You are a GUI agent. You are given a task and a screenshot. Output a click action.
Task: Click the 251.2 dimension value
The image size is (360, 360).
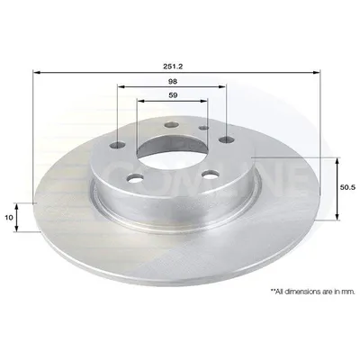173,67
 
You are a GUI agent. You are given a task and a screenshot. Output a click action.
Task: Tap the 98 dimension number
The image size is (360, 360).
173,81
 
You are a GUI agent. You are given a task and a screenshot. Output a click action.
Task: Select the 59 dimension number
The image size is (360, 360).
173,95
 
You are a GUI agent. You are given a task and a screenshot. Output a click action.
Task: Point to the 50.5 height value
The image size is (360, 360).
347,187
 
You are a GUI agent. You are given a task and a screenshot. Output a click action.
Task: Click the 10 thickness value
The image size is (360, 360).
9,218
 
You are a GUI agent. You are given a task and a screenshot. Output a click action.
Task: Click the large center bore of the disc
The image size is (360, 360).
172,146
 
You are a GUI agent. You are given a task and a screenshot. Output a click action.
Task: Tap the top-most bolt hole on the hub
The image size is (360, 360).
171,124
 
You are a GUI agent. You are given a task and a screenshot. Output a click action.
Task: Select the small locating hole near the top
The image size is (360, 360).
204,128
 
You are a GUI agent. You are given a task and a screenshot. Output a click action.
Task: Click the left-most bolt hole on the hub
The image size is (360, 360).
118,146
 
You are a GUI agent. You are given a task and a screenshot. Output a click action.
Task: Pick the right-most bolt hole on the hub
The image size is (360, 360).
226,139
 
